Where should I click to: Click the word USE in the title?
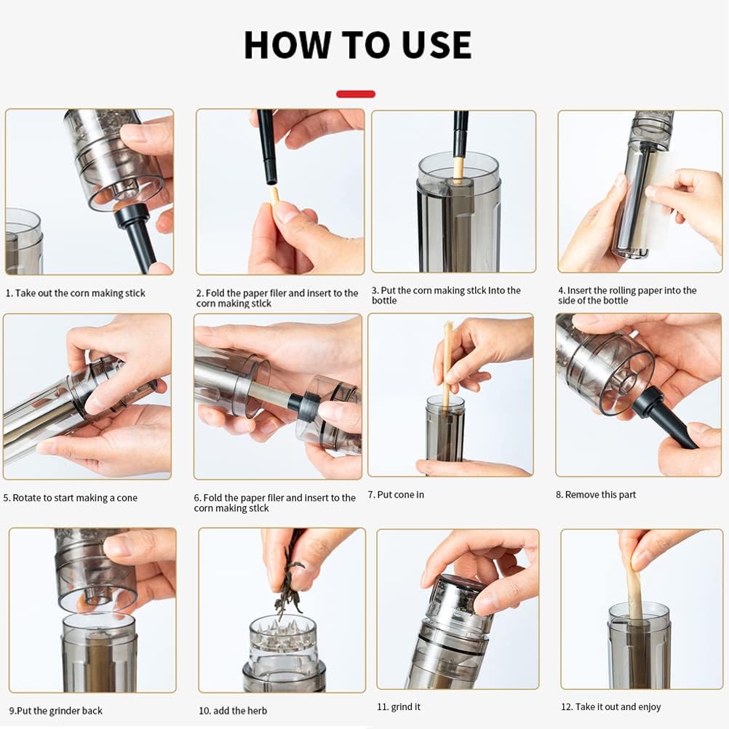[x=429, y=45]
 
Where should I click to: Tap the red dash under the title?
[x=356, y=94]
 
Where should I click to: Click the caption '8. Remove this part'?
[x=596, y=495]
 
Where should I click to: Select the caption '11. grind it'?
[x=399, y=706]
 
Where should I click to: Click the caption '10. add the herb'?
[x=233, y=711]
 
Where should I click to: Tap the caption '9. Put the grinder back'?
[x=56, y=711]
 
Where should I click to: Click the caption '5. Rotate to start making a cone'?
[x=71, y=498]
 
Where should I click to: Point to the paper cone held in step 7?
[x=447, y=364]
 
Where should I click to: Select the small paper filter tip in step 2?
[x=274, y=194]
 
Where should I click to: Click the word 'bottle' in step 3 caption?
[x=384, y=300]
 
